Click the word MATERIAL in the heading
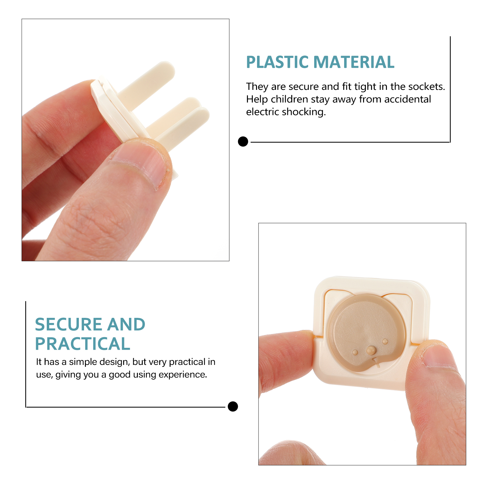[x=354, y=62]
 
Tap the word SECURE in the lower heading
[x=68, y=324]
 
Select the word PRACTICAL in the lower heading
[x=83, y=344]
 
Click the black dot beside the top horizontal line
[x=243, y=142]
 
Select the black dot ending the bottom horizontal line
[x=233, y=406]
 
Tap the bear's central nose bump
[x=371, y=350]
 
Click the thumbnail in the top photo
[x=141, y=162]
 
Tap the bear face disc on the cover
[x=367, y=333]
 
